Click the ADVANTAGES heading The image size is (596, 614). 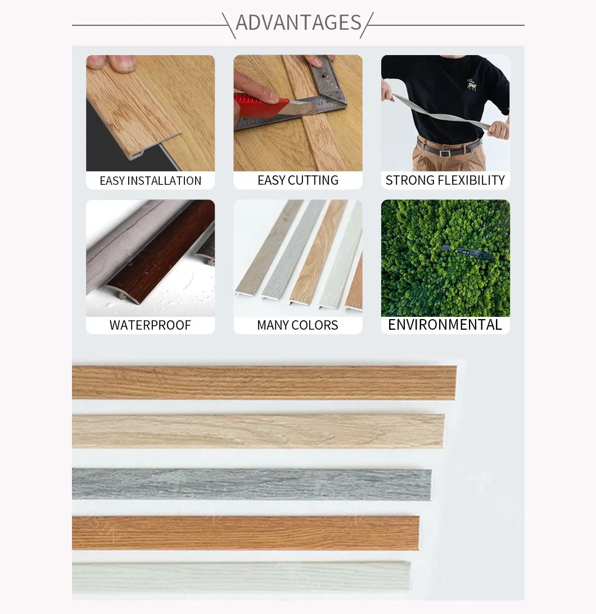point(298,22)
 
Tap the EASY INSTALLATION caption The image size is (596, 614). point(150,181)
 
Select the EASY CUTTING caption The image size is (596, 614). point(297,180)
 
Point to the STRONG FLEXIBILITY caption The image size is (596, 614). point(445,180)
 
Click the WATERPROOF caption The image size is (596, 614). point(150,325)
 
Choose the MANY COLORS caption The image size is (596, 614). point(297,325)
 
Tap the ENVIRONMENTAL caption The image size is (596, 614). point(445,325)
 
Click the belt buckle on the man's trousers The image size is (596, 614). point(445,152)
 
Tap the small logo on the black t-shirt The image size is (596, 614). point(471,85)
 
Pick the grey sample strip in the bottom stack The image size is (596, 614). point(251,484)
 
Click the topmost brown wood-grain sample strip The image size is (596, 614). point(264,382)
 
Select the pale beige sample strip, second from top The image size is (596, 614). point(258,431)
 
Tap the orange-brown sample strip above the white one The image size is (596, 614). point(245,533)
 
